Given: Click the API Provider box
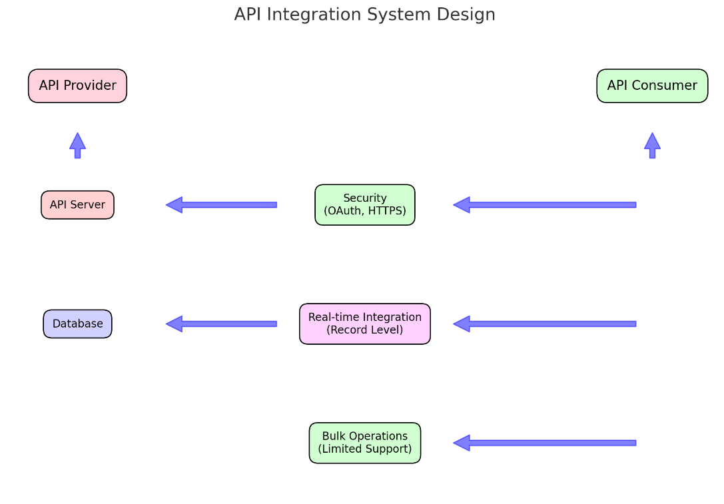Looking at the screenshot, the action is pos(77,86).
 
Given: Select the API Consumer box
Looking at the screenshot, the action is pos(652,86).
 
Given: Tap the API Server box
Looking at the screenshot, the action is pos(77,205).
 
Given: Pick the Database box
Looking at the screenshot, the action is pos(77,324).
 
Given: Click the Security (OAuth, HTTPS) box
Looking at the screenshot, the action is pos(365,205).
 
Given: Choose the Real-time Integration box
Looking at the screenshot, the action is pos(365,324).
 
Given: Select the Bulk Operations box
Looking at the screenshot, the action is pos(365,443).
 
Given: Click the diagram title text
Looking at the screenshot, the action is pos(365,14).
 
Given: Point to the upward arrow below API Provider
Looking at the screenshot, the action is pos(77,145).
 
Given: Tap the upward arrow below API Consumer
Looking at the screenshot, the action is pos(652,145).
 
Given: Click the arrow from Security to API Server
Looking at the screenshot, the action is pos(221,205).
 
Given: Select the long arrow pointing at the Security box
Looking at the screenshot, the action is pos(545,205).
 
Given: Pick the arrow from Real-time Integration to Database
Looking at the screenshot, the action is pos(221,324).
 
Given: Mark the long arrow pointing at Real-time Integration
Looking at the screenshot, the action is pos(545,324).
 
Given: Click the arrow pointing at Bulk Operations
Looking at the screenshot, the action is pos(545,443).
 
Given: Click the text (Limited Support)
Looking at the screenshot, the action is pos(365,449).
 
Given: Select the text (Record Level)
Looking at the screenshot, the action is pos(365,330).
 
